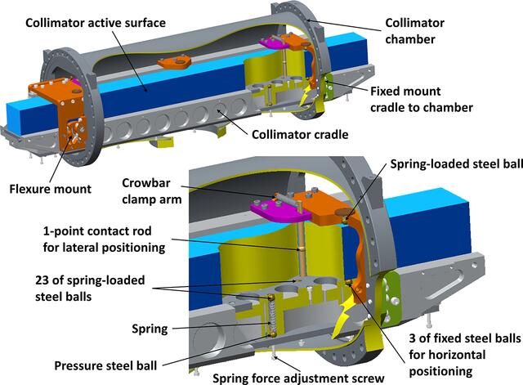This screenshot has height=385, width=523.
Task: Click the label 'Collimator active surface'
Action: pyautogui.click(x=96, y=23)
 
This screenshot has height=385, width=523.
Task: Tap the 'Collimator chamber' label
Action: pyautogui.click(x=414, y=31)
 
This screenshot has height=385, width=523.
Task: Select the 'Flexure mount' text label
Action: pyautogui.click(x=50, y=189)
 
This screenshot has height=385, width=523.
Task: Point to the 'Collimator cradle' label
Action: pyautogui.click(x=300, y=134)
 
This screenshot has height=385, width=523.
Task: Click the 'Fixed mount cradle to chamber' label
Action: pyautogui.click(x=422, y=99)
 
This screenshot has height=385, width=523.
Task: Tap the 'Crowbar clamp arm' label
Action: pyautogui.click(x=152, y=190)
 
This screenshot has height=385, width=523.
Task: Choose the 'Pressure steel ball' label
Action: pyautogui.click(x=105, y=365)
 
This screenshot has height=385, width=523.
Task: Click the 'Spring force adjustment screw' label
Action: pyautogui.click(x=298, y=378)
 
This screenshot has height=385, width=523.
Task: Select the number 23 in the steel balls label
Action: pyautogui.click(x=42, y=280)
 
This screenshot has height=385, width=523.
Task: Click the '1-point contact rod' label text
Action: pyautogui.click(x=97, y=231)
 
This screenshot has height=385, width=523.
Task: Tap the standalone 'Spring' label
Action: pyautogui.click(x=150, y=329)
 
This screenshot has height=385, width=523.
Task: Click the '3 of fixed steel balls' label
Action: pyautogui.click(x=465, y=338)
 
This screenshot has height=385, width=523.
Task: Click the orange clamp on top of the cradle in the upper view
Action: pyautogui.click(x=174, y=62)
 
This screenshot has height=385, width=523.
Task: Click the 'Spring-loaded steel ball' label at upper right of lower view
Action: pyautogui.click(x=456, y=164)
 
